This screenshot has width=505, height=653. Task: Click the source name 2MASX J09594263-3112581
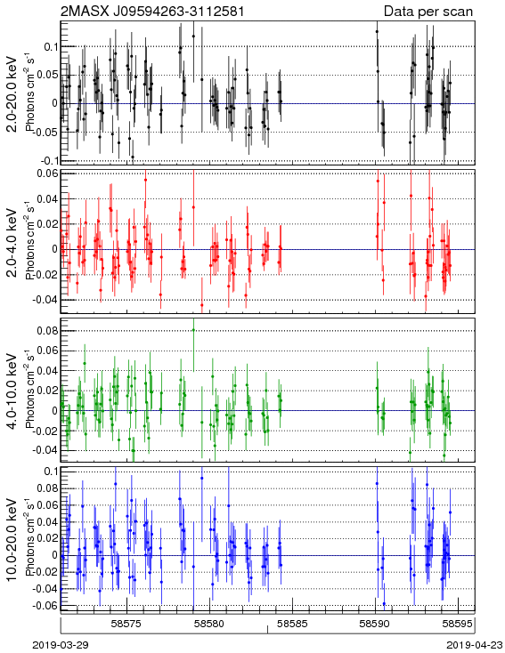click(152, 11)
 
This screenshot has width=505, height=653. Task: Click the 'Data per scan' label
click(428, 12)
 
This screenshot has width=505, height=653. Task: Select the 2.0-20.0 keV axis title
click(13, 93)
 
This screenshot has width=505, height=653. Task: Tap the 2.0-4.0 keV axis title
click(13, 242)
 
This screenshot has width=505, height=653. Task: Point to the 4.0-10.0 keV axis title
click(13, 391)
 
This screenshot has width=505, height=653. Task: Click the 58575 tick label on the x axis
click(126, 624)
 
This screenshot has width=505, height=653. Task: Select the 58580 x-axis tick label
click(210, 624)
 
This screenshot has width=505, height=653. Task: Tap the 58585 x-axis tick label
click(293, 624)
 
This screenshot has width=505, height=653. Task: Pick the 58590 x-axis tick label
click(375, 624)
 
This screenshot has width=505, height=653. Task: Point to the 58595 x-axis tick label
click(458, 624)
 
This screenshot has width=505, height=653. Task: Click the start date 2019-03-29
click(61, 645)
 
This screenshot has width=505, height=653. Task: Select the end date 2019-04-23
click(475, 645)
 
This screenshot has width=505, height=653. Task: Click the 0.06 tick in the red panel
click(48, 173)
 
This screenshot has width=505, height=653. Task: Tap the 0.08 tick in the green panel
click(48, 331)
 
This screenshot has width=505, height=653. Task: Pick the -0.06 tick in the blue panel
click(46, 605)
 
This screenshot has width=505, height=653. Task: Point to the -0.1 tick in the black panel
click(49, 160)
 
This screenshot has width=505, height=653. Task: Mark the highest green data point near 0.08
click(193, 330)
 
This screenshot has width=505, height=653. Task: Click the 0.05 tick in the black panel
click(48, 75)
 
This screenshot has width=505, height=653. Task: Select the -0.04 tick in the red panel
click(46, 300)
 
